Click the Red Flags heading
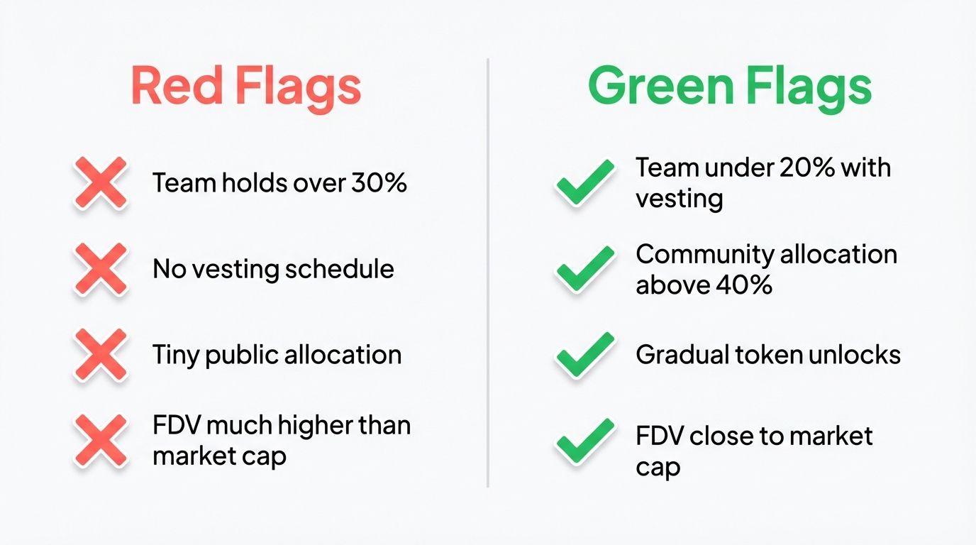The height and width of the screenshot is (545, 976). [246, 87]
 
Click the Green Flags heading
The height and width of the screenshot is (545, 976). [730, 87]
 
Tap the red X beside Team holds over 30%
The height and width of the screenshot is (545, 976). [101, 183]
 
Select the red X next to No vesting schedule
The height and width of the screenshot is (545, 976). [101, 269]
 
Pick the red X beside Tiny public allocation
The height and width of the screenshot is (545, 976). [101, 355]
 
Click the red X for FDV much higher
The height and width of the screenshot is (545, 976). [101, 441]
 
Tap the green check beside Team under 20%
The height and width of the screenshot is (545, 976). [584, 182]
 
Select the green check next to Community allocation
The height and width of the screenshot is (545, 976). [584, 269]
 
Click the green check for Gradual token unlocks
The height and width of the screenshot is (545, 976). [584, 355]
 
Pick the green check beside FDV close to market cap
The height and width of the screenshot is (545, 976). [584, 441]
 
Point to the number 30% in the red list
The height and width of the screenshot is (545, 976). [379, 183]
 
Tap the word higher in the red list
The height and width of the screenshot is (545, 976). [316, 426]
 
